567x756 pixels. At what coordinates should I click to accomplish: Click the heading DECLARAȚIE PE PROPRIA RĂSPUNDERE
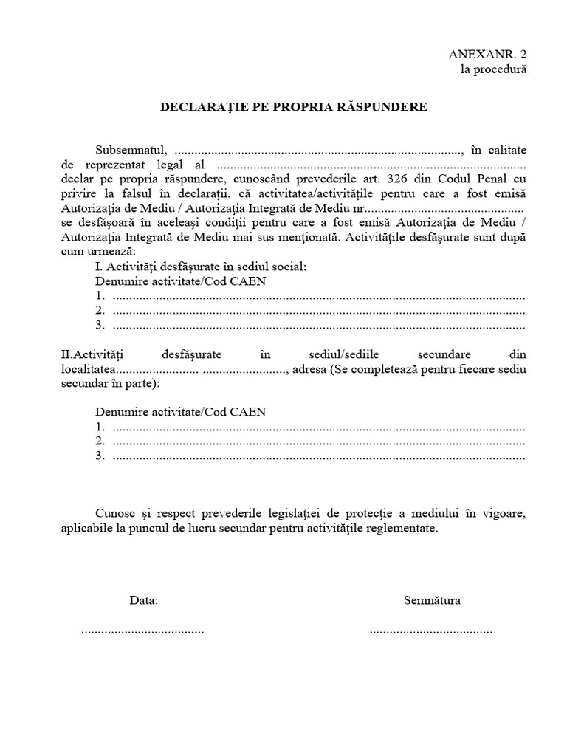click(x=294, y=107)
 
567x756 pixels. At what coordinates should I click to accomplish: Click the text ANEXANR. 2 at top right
click(x=488, y=55)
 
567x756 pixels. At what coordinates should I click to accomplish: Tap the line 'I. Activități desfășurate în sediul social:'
click(x=200, y=266)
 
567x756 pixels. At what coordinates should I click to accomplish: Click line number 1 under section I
click(x=310, y=297)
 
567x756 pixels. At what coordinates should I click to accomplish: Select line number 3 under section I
click(x=310, y=325)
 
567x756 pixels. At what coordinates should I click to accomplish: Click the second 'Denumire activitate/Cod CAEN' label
click(x=181, y=411)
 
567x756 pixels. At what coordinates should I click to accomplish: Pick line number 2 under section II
click(x=310, y=441)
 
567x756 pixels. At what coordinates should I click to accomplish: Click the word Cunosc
click(x=114, y=513)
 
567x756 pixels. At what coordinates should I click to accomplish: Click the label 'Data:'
click(x=143, y=600)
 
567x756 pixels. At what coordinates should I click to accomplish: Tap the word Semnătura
click(x=432, y=600)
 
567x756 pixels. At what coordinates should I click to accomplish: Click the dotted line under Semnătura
click(x=430, y=632)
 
